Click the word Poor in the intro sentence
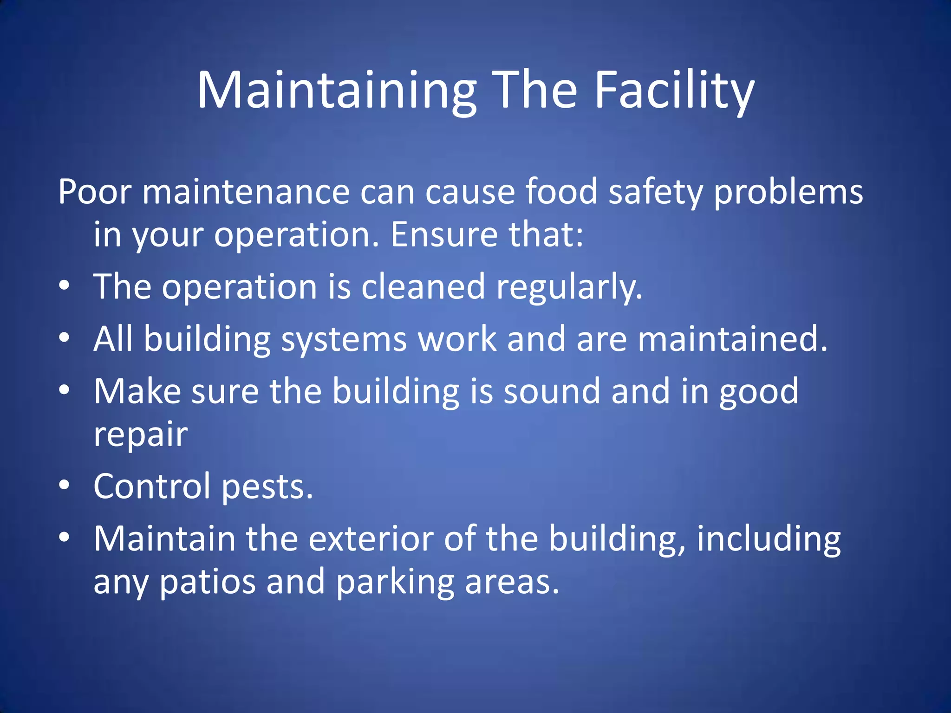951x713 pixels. click(x=95, y=192)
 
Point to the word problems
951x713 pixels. click(x=788, y=192)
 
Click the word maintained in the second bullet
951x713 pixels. click(x=732, y=339)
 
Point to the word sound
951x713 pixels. click(x=552, y=391)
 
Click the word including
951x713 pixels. click(x=769, y=539)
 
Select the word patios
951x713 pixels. click(x=208, y=583)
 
